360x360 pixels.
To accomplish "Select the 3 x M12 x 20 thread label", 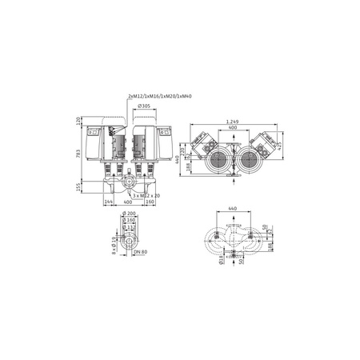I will click(x=148, y=195).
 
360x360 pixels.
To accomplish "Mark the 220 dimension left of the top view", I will click(x=183, y=149).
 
